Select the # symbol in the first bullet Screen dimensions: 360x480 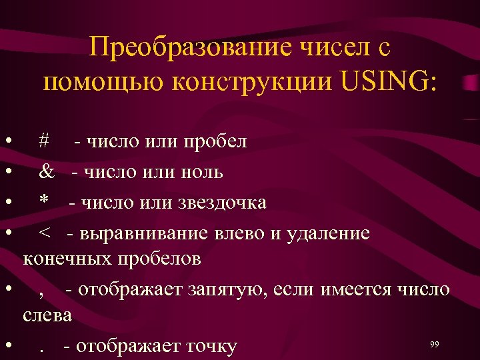click(44, 141)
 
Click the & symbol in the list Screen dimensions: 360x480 click(47, 172)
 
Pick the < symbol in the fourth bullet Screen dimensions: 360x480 click(44, 233)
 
